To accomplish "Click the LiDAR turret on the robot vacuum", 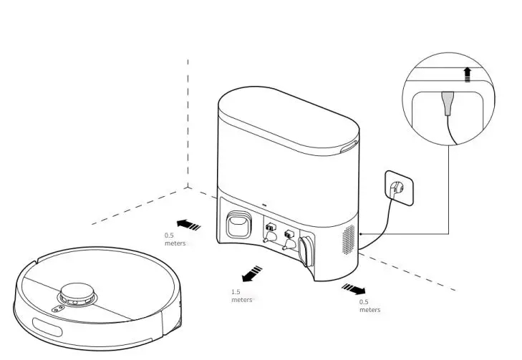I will (x=77, y=293).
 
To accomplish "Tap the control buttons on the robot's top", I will (x=55, y=308).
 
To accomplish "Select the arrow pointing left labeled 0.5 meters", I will (x=188, y=224).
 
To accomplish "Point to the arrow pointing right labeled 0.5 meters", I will (x=353, y=288).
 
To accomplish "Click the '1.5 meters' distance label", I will (x=241, y=296).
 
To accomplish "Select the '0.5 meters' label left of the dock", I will (x=174, y=239).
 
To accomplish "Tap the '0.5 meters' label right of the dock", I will (x=369, y=306).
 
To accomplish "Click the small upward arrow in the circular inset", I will (x=468, y=74).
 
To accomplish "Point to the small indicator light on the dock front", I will (x=264, y=203).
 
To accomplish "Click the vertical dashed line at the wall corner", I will (x=188, y=122).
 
